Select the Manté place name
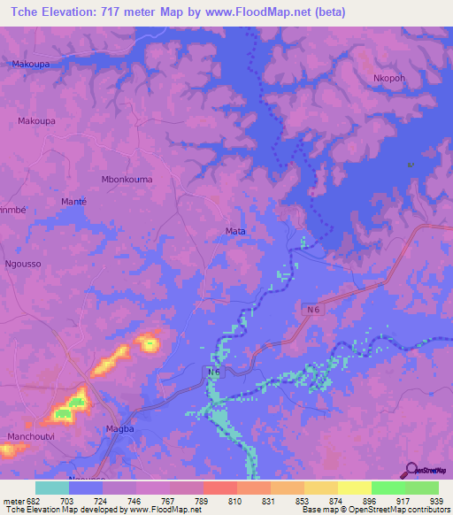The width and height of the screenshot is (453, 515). click(73, 203)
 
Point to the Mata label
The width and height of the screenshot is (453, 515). click(235, 232)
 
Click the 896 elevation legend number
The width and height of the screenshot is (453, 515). click(354, 501)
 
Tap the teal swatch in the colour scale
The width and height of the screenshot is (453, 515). click(51, 488)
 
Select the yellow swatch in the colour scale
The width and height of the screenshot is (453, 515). click(354, 488)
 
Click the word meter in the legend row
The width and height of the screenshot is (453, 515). click(12, 501)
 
